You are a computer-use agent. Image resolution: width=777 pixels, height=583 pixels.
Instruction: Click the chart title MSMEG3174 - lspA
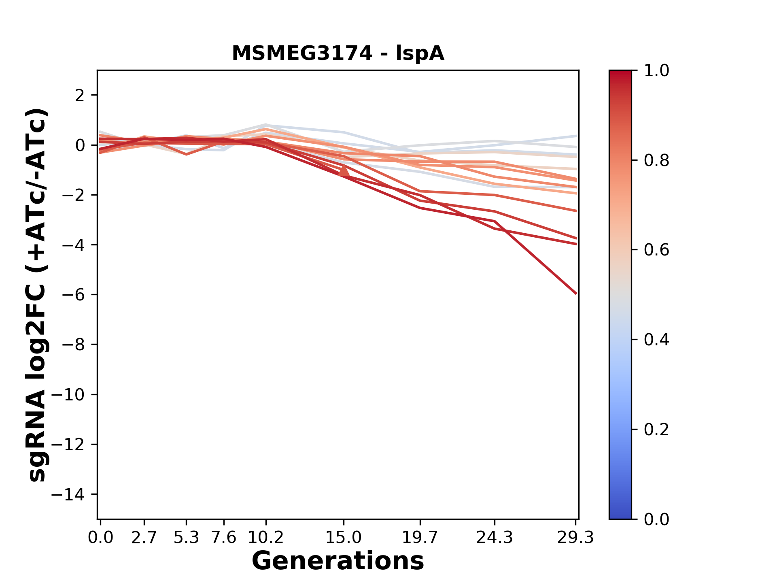[338, 53]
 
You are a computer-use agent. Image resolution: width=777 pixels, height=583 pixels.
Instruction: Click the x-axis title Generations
[338, 561]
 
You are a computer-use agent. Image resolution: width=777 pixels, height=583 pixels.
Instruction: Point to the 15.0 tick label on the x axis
[344, 538]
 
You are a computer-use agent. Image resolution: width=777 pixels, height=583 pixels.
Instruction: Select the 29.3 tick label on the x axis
[575, 538]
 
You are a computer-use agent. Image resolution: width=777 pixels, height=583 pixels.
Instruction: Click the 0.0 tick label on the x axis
[100, 538]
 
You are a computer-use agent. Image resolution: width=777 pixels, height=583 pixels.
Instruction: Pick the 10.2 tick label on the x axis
[265, 538]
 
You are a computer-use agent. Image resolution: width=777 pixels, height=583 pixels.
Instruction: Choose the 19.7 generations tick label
[420, 538]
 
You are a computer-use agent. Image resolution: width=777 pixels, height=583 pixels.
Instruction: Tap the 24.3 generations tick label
[495, 538]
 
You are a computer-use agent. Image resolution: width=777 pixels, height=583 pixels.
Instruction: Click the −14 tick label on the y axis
[73, 494]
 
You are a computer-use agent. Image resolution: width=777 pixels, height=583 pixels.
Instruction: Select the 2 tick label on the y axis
[80, 96]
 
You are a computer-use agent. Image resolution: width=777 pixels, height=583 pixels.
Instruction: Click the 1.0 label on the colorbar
[656, 71]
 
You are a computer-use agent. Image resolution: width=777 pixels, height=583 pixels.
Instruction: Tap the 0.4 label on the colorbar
[656, 340]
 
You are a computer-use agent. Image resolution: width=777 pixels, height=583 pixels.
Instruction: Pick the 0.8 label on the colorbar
[656, 161]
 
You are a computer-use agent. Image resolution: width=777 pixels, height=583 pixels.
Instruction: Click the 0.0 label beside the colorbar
[656, 519]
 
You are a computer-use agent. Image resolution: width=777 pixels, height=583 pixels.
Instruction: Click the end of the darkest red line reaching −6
[576, 293]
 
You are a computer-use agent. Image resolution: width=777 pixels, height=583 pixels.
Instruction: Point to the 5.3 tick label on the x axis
[186, 538]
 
